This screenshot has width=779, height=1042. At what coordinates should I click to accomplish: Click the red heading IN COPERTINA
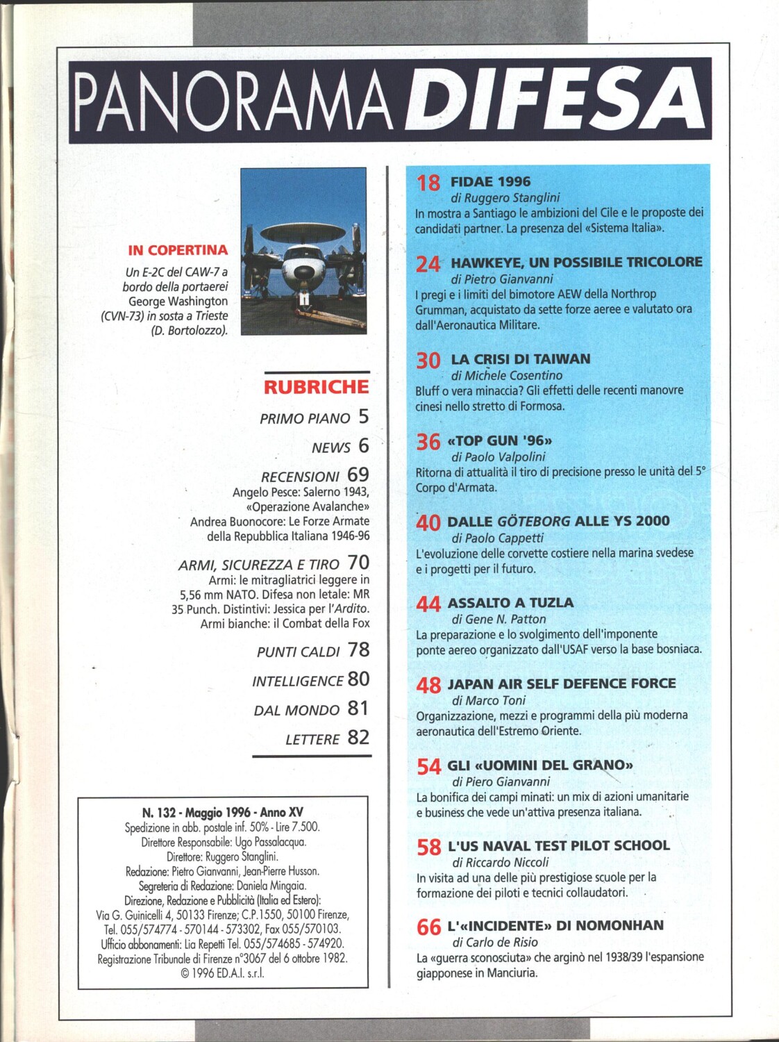pyautogui.click(x=178, y=250)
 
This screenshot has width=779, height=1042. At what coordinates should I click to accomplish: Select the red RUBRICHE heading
pyautogui.click(x=316, y=387)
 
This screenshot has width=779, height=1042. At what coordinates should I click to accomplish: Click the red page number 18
pyautogui.click(x=428, y=183)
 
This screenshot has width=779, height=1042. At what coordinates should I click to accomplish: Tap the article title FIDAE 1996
pyautogui.click(x=490, y=181)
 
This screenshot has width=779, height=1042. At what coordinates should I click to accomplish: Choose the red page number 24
pyautogui.click(x=428, y=264)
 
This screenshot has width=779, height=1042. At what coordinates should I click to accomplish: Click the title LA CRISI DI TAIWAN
pyautogui.click(x=521, y=359)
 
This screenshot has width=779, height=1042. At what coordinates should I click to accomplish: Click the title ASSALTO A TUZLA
pyautogui.click(x=510, y=602)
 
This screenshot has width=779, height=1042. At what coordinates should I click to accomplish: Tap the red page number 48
pyautogui.click(x=428, y=686)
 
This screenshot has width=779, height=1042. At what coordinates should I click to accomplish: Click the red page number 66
pyautogui.click(x=428, y=927)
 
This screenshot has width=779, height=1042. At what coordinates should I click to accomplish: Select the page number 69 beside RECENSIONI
pyautogui.click(x=358, y=475)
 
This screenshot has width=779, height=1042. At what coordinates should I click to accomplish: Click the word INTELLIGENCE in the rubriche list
pyautogui.click(x=298, y=681)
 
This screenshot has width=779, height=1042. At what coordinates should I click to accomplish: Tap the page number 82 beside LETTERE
pyautogui.click(x=358, y=738)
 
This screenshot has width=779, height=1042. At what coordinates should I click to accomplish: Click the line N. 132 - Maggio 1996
pyautogui.click(x=222, y=812)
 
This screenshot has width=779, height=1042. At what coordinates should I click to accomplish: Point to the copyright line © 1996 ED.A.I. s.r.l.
pyautogui.click(x=222, y=973)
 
